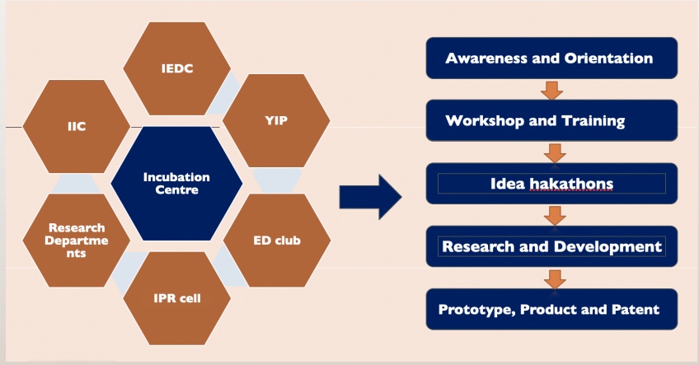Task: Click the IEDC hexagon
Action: pyautogui.click(x=177, y=68)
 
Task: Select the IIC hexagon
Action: pyautogui.click(x=77, y=127)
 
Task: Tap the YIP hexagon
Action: pyautogui.click(x=276, y=121)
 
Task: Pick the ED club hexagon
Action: pyautogui.click(x=277, y=241)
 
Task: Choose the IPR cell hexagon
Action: pyautogui.click(x=177, y=298)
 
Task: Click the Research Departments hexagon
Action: pyautogui.click(x=77, y=241)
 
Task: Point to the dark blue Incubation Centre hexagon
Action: pyautogui.click(x=176, y=184)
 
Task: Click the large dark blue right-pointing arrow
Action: pyautogui.click(x=370, y=197)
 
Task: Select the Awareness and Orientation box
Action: pyautogui.click(x=552, y=58)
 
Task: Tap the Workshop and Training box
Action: pyautogui.click(x=552, y=120)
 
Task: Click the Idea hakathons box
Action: pyautogui.click(x=552, y=184)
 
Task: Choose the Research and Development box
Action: pyautogui.click(x=552, y=246)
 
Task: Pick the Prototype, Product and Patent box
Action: pyautogui.click(x=552, y=309)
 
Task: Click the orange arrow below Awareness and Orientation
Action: pyautogui.click(x=552, y=91)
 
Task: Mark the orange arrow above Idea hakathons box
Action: pyautogui.click(x=555, y=153)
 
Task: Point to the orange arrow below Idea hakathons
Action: pyautogui.click(x=555, y=216)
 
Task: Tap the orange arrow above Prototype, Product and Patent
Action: pyautogui.click(x=555, y=279)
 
